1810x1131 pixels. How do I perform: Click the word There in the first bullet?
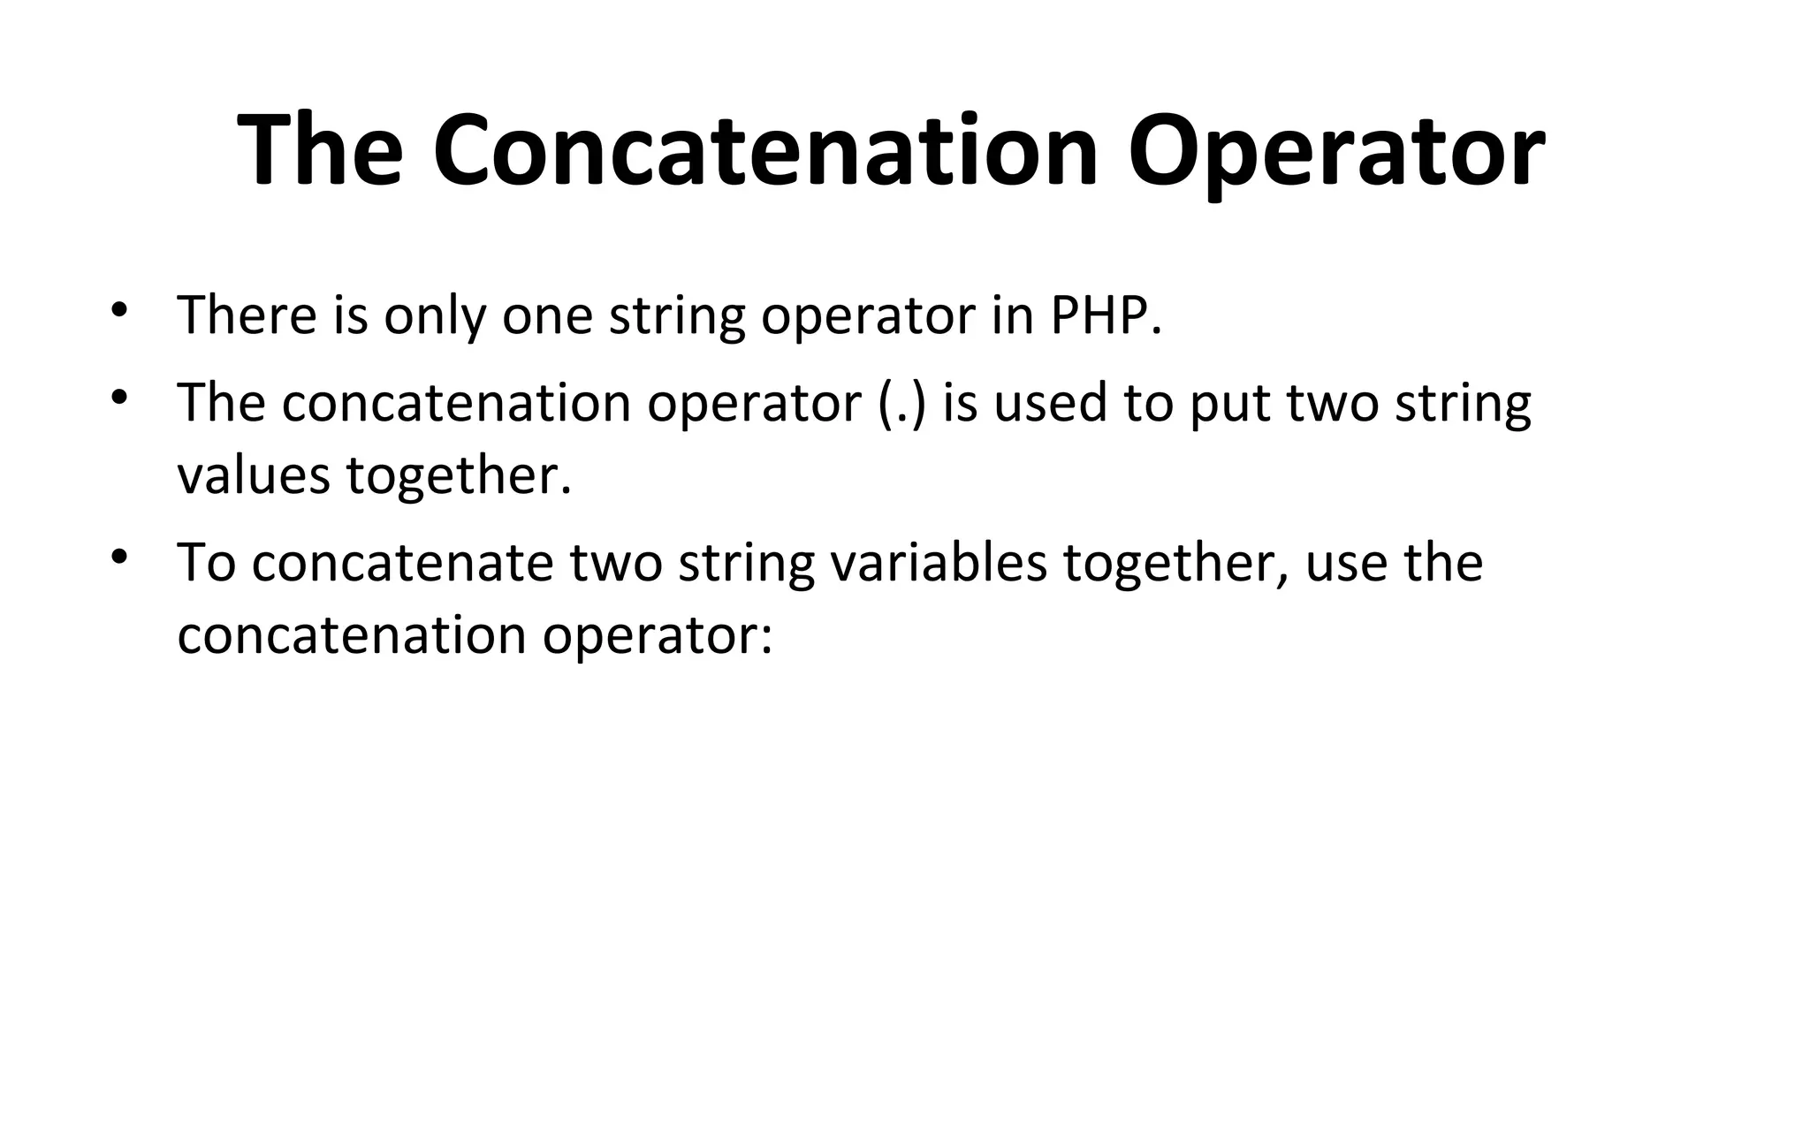point(247,315)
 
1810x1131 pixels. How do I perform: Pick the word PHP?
point(1105,315)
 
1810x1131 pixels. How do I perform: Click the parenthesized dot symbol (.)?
point(902,403)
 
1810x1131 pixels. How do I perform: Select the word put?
point(1230,405)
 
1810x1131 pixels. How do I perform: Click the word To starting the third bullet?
point(206,563)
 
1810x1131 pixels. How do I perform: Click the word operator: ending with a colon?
point(658,635)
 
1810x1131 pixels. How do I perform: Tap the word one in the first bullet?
point(547,315)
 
